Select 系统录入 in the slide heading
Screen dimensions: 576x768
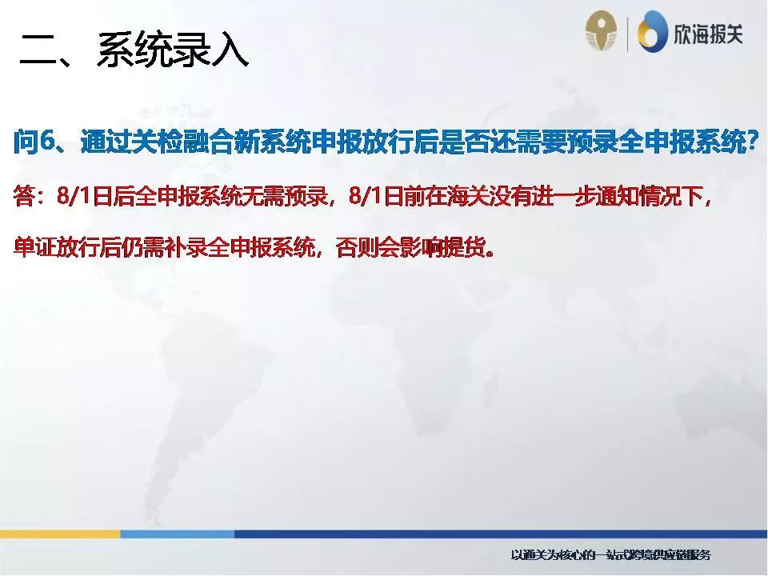pyautogui.click(x=172, y=50)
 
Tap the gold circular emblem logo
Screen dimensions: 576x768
pyautogui.click(x=601, y=32)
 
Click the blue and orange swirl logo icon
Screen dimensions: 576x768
pyautogui.click(x=652, y=33)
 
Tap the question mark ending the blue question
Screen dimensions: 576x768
pyautogui.click(x=750, y=142)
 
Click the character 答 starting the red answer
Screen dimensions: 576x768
pyautogui.click(x=25, y=198)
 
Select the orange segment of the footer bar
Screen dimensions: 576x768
pyautogui.click(x=60, y=534)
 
